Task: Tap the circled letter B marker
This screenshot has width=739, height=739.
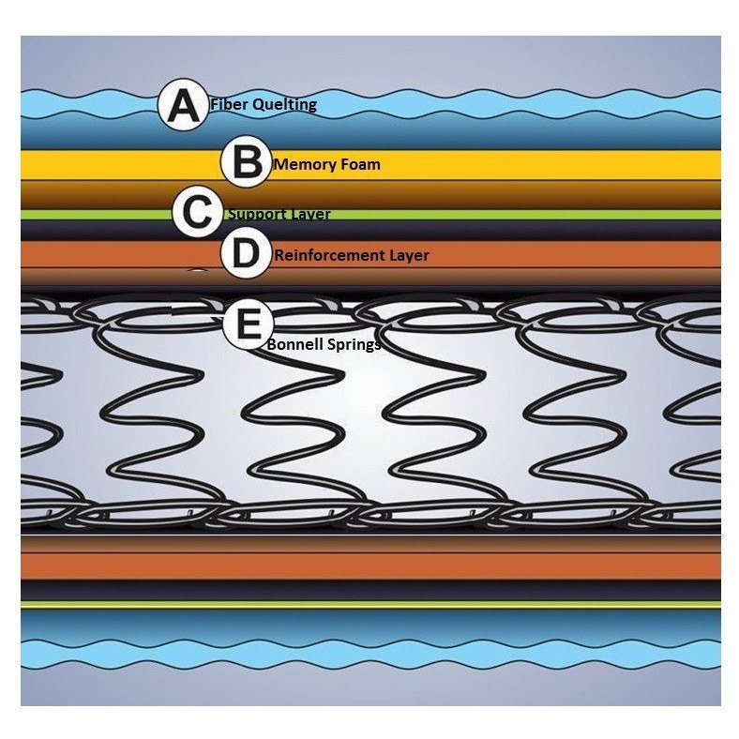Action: pos(246,162)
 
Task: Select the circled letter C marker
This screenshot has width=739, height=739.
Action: pos(198,212)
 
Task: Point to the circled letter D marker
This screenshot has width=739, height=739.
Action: pos(246,253)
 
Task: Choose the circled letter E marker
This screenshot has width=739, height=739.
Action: pos(247,325)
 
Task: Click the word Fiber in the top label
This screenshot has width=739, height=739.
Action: pos(229,105)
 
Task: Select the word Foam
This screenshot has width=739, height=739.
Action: pos(356,165)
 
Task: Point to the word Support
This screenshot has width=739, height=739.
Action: pos(257,215)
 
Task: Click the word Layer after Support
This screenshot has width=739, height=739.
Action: pos(309,215)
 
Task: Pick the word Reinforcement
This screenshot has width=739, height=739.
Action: pos(328,255)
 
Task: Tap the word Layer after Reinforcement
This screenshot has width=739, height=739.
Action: pos(408,255)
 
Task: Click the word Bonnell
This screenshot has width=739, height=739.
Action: pos(295,345)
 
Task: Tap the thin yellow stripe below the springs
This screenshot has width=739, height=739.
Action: pos(375,606)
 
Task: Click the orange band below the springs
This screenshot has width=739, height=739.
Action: pos(375,566)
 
